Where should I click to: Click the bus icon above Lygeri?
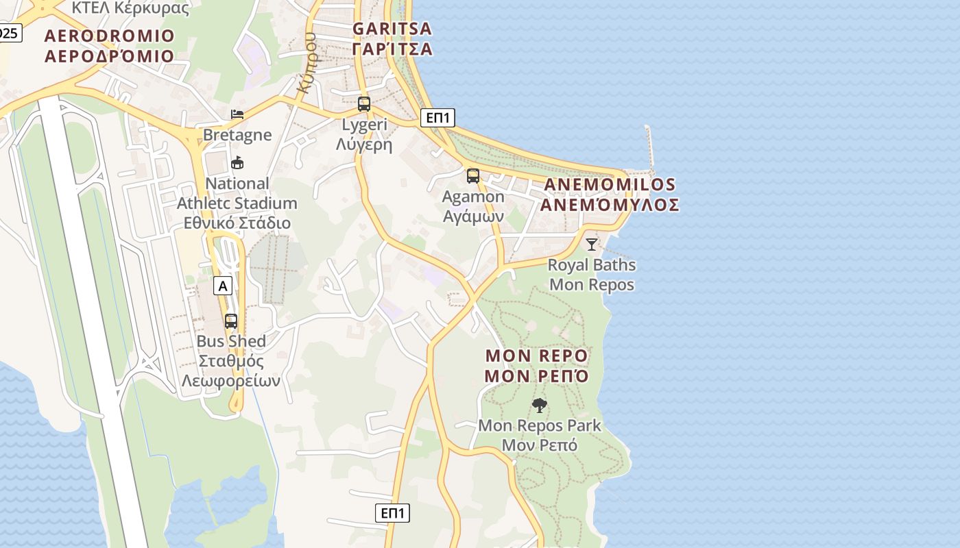tap(364, 104)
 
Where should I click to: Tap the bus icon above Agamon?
tap(473, 176)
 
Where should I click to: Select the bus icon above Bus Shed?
tap(231, 321)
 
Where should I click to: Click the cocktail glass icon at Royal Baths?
tap(592, 244)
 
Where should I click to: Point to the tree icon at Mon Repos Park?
tap(540, 406)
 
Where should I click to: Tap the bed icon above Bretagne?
tap(237, 114)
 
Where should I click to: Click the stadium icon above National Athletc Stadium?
tap(237, 163)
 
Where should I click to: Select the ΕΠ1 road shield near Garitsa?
tap(437, 118)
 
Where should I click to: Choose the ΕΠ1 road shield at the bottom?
tap(393, 512)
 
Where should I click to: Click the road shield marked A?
tap(222, 286)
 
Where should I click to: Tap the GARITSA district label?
tap(392, 29)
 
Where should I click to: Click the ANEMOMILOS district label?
tap(610, 185)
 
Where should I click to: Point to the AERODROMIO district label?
tap(110, 36)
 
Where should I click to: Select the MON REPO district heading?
tap(536, 356)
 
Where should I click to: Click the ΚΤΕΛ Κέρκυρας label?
tap(130, 8)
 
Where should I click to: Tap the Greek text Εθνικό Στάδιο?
tap(237, 223)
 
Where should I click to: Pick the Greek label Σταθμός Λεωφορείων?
tap(231, 371)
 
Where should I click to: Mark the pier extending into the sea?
tap(649, 147)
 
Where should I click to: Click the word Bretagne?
tap(237, 135)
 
